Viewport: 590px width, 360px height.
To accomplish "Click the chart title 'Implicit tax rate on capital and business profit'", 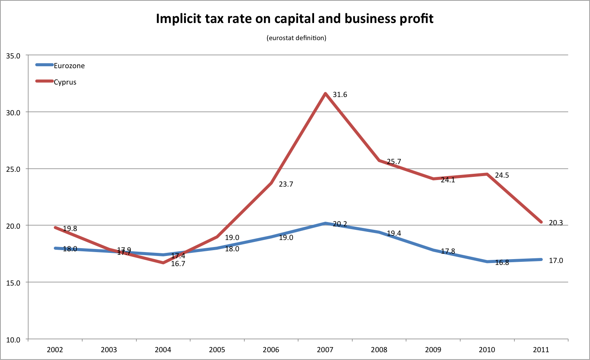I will tap(295, 19).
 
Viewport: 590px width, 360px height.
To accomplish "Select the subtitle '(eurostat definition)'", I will tap(297, 38).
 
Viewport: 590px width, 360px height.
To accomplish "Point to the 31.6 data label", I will tap(340, 95).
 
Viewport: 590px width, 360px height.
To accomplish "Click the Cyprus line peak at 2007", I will tap(325, 94).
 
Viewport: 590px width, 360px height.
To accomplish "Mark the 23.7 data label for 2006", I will tap(286, 184).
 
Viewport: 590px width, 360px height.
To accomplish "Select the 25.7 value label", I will tap(394, 162).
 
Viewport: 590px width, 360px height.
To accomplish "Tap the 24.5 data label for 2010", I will tap(502, 175).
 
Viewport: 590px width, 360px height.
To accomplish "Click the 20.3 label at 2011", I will tap(556, 223).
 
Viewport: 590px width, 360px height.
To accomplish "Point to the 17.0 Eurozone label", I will tap(556, 261).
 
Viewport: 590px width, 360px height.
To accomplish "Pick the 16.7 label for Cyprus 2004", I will tap(178, 264).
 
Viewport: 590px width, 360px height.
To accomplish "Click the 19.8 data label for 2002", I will tap(70, 229).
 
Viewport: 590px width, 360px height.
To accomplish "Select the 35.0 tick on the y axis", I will tap(13, 56).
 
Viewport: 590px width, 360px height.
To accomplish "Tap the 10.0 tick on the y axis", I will tap(13, 340).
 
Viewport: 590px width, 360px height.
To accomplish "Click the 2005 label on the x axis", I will tap(217, 349).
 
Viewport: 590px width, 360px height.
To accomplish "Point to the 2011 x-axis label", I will tap(541, 349).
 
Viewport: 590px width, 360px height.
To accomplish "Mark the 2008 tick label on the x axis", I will tap(379, 349).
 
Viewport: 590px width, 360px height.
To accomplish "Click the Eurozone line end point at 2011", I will tap(541, 259).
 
